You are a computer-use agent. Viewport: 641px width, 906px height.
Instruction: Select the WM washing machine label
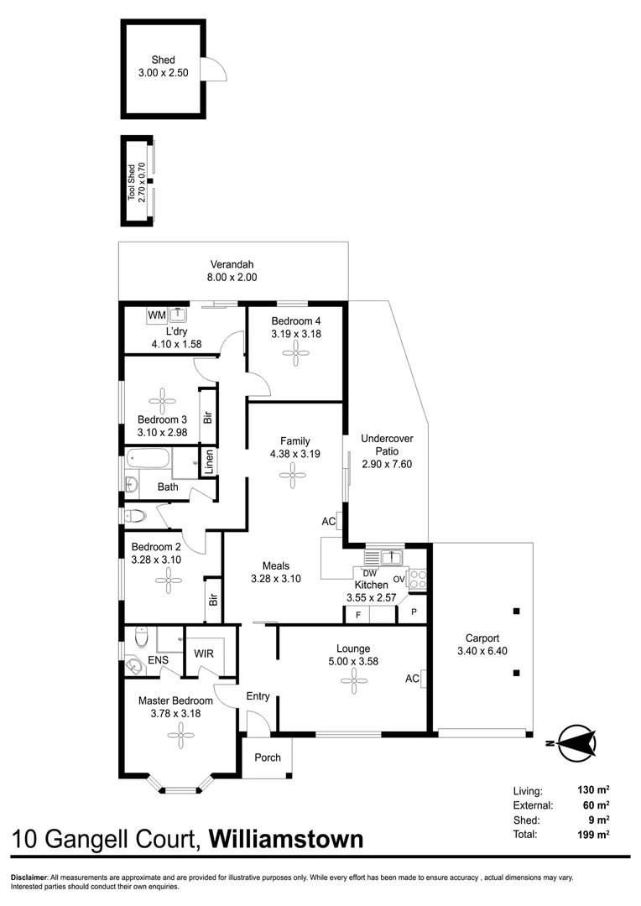coord(156,315)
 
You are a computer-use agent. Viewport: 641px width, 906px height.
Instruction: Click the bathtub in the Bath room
coord(149,460)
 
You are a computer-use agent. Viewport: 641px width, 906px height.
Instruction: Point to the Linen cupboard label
coord(208,462)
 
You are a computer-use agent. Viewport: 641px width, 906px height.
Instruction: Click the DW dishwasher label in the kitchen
coord(370,573)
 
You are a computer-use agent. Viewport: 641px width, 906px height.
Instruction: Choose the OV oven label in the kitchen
coord(399,578)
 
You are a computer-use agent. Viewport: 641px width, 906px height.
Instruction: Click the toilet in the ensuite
coord(142,640)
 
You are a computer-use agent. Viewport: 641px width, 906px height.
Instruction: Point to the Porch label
coord(268,758)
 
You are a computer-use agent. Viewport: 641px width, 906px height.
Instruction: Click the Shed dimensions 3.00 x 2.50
coord(164,73)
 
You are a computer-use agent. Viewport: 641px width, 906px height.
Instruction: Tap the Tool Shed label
coord(131,181)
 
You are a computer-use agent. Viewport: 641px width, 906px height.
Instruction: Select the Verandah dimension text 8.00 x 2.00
coord(232,278)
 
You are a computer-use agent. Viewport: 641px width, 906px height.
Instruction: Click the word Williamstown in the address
coord(285,839)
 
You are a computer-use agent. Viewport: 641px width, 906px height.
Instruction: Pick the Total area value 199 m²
coord(594,835)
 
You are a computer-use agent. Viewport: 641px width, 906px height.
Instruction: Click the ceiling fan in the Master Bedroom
coord(180,737)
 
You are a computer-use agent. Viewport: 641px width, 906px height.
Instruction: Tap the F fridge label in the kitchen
coord(358,615)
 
